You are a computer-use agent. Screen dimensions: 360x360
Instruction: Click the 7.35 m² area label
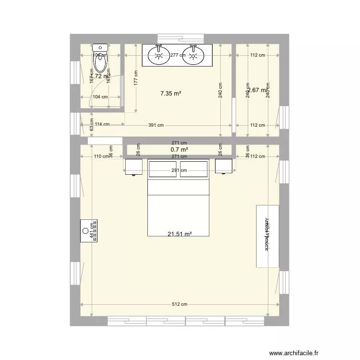(x=170, y=94)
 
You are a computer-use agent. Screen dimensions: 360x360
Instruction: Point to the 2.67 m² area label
(x=259, y=90)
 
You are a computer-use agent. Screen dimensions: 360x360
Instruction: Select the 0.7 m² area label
(x=179, y=150)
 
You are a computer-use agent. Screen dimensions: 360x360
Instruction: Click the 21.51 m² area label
(x=180, y=234)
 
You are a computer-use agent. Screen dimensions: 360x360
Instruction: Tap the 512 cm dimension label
(x=180, y=304)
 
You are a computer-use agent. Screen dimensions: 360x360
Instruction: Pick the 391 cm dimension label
(x=156, y=125)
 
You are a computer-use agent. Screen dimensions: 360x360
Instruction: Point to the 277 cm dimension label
(x=178, y=55)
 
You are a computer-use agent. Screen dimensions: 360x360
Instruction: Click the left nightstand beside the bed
(x=134, y=167)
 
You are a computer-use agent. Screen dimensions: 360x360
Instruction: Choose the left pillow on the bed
(x=163, y=169)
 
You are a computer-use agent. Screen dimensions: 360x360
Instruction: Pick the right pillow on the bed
(x=194, y=169)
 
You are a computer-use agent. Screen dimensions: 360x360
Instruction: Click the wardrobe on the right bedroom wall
(x=267, y=236)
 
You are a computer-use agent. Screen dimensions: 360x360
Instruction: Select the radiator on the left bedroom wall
(x=89, y=231)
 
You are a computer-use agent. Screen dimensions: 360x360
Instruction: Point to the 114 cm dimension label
(x=102, y=124)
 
